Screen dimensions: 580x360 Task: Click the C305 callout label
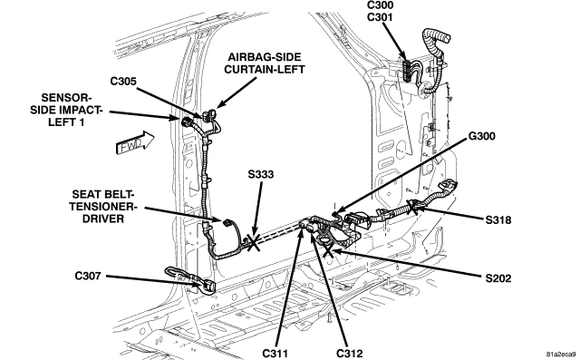pos(123,81)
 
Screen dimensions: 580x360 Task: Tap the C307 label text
pos(88,276)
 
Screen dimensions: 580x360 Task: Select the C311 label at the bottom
pos(275,354)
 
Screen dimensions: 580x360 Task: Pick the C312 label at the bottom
pos(350,354)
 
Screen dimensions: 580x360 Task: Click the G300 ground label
pos(481,136)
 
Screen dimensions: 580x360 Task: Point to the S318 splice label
pos(498,220)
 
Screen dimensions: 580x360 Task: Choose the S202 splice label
pos(498,278)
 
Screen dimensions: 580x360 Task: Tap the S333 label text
pos(261,174)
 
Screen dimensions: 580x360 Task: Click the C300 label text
pos(381,5)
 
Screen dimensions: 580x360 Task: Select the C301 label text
pos(381,17)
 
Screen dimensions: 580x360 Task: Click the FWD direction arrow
pos(135,142)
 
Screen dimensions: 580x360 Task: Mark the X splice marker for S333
pos(253,242)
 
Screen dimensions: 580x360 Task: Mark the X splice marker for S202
pos(328,251)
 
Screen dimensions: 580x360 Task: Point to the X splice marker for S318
pos(412,207)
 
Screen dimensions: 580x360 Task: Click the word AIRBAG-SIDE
pos(264,57)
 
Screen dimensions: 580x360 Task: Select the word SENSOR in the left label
pos(66,98)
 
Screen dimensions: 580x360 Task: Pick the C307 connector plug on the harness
pos(206,286)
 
